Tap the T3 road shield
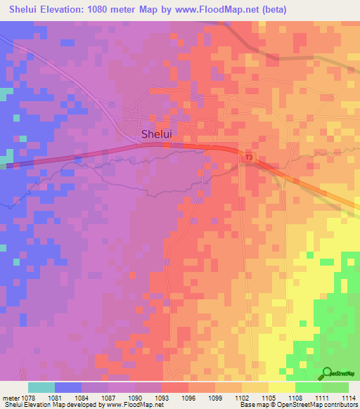coord(249,158)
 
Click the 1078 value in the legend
coord(29,397)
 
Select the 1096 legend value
coord(188,397)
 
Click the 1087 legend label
coord(108,397)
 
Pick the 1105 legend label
coord(269,397)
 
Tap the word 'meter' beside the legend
coord(11,397)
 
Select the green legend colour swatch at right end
coord(335,387)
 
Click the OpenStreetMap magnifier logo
coord(328,373)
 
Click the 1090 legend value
coord(135,397)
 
